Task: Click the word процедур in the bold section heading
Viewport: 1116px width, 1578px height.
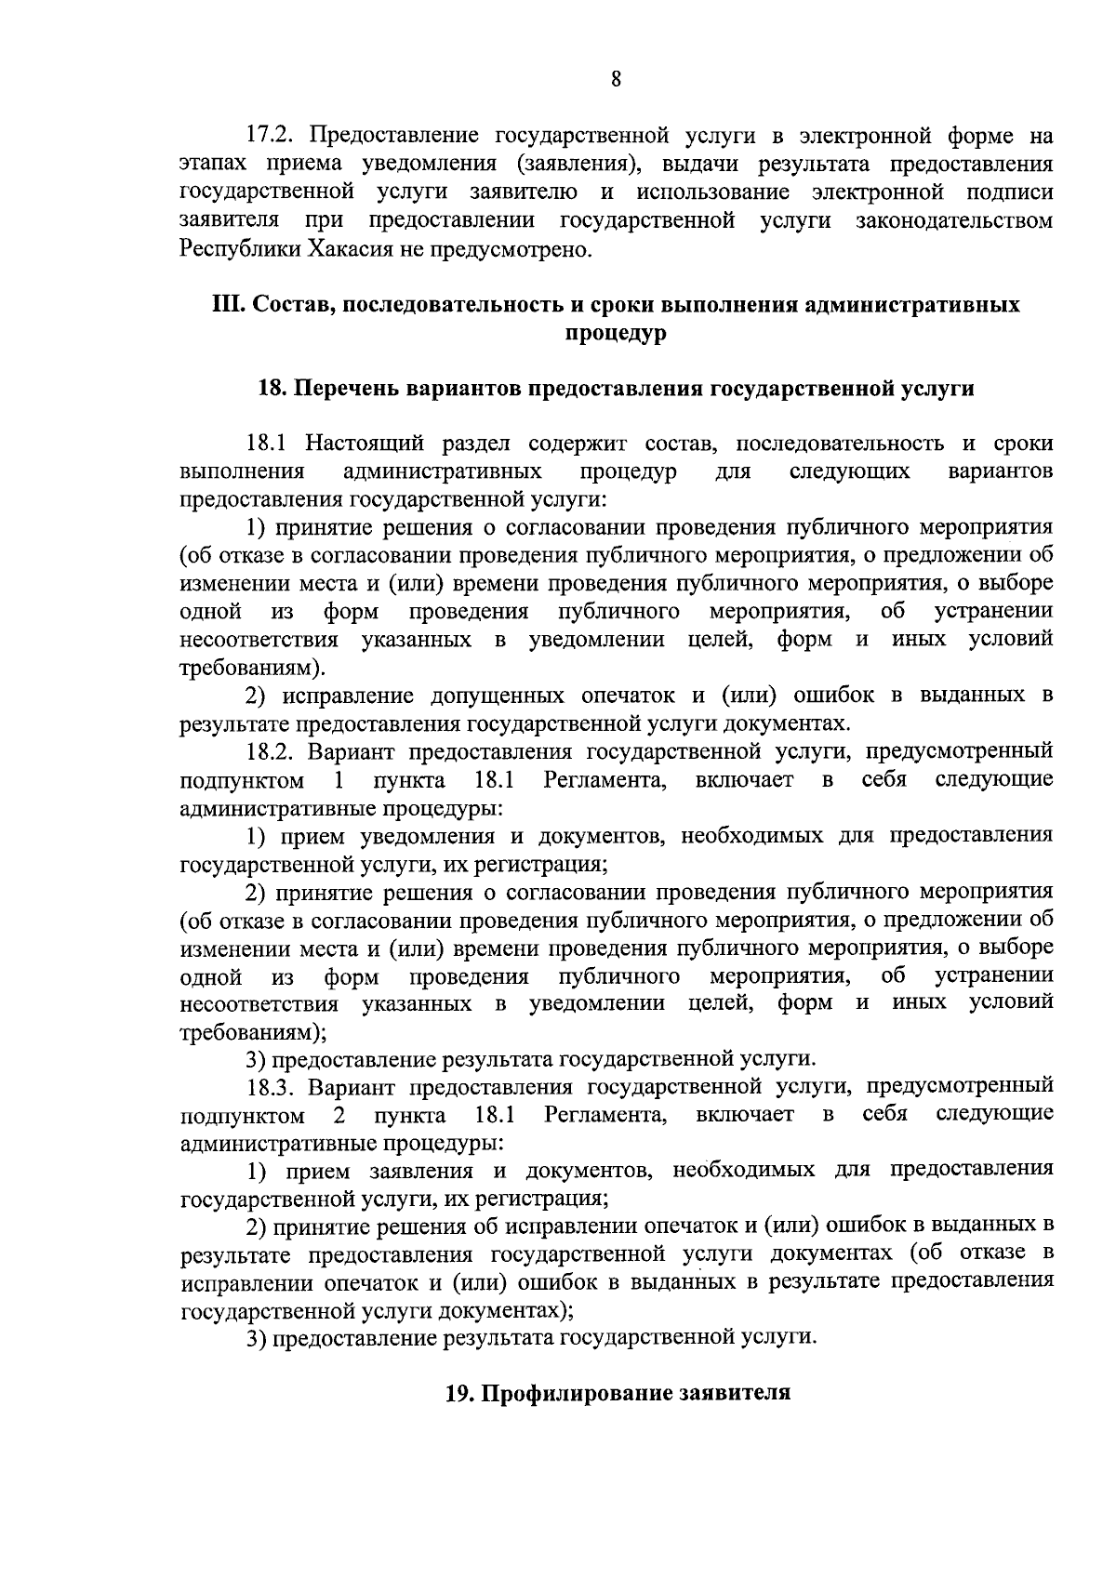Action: coord(616,333)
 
